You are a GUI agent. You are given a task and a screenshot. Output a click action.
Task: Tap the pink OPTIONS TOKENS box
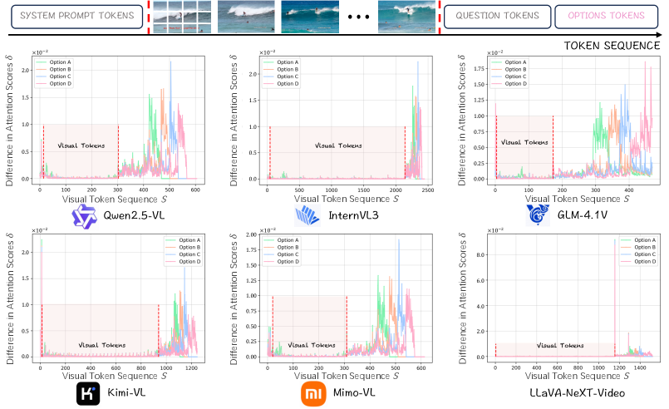[602, 16]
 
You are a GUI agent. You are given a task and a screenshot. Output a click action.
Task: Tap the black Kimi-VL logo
[88, 392]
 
